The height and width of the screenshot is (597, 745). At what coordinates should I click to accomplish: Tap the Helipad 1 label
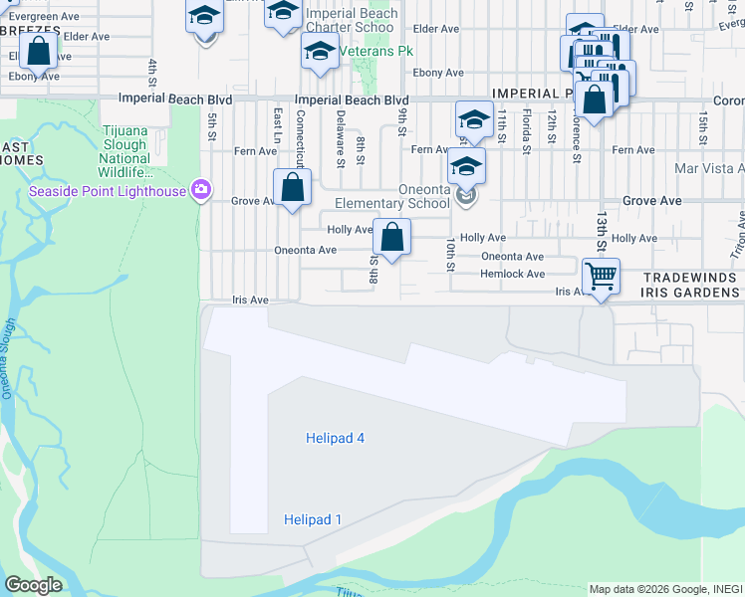[x=313, y=519]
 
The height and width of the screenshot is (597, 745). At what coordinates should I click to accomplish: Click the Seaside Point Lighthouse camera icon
[x=201, y=189]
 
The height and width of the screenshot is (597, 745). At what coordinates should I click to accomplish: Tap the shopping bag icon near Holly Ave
[x=391, y=237]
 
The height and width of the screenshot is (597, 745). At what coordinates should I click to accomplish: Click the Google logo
[x=33, y=585]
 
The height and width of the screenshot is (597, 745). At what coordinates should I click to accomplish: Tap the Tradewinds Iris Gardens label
[x=691, y=286]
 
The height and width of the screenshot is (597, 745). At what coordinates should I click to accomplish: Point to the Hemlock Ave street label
[x=512, y=274]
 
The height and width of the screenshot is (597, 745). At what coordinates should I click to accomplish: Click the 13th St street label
[x=602, y=231]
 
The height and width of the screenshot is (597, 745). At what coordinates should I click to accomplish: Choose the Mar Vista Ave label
[x=709, y=169]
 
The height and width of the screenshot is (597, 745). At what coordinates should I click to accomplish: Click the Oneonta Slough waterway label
[x=9, y=358]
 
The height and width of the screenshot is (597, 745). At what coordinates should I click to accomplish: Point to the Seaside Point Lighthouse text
[x=108, y=191]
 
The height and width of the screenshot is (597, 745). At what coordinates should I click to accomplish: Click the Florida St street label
[x=526, y=134]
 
